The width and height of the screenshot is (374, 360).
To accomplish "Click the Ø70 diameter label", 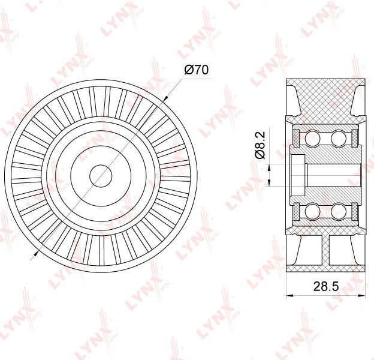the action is point(196,70).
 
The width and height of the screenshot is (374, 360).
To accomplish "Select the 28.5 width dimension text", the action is point(326,286).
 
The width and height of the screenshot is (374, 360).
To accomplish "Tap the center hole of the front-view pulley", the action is point(101,176).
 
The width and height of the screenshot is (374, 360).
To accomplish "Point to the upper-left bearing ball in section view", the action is point(312,138).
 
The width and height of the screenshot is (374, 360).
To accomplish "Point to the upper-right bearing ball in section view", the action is point(338,138).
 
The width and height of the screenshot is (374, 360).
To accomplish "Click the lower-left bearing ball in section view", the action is point(312,211).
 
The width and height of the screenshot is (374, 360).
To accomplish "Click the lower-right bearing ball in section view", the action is point(338,211).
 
